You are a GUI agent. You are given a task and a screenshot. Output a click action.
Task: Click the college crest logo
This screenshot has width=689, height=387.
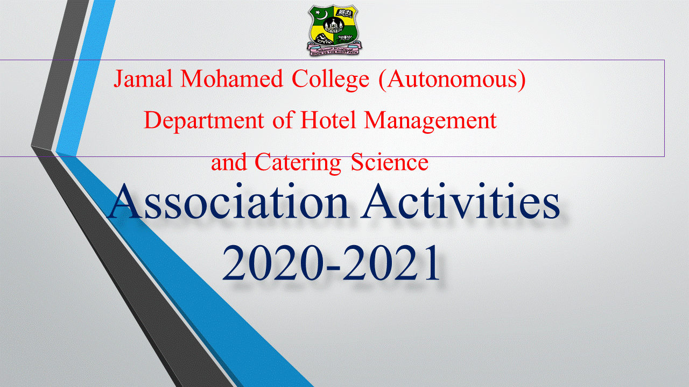(334, 30)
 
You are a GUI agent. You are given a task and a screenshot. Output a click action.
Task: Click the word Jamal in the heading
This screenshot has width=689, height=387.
(143, 78)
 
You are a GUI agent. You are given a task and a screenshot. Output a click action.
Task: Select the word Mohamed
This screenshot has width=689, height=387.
(231, 78)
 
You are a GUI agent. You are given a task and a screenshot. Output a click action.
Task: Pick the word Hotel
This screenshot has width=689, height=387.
(328, 120)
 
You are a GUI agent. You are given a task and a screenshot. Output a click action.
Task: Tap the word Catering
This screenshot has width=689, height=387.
(298, 163)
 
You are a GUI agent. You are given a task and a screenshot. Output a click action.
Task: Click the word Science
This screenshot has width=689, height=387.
(389, 162)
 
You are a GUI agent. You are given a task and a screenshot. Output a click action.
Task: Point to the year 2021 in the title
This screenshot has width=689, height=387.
(391, 262)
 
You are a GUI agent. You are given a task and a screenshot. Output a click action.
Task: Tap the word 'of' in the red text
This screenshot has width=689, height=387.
(282, 120)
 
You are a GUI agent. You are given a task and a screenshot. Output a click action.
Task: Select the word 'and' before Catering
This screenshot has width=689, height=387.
(229, 162)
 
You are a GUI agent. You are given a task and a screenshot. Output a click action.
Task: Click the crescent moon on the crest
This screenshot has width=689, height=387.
(321, 16)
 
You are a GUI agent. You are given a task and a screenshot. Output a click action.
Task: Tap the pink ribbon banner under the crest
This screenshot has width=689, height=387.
(334, 49)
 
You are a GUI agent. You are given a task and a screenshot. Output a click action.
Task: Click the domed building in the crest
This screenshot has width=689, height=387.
(333, 25)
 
